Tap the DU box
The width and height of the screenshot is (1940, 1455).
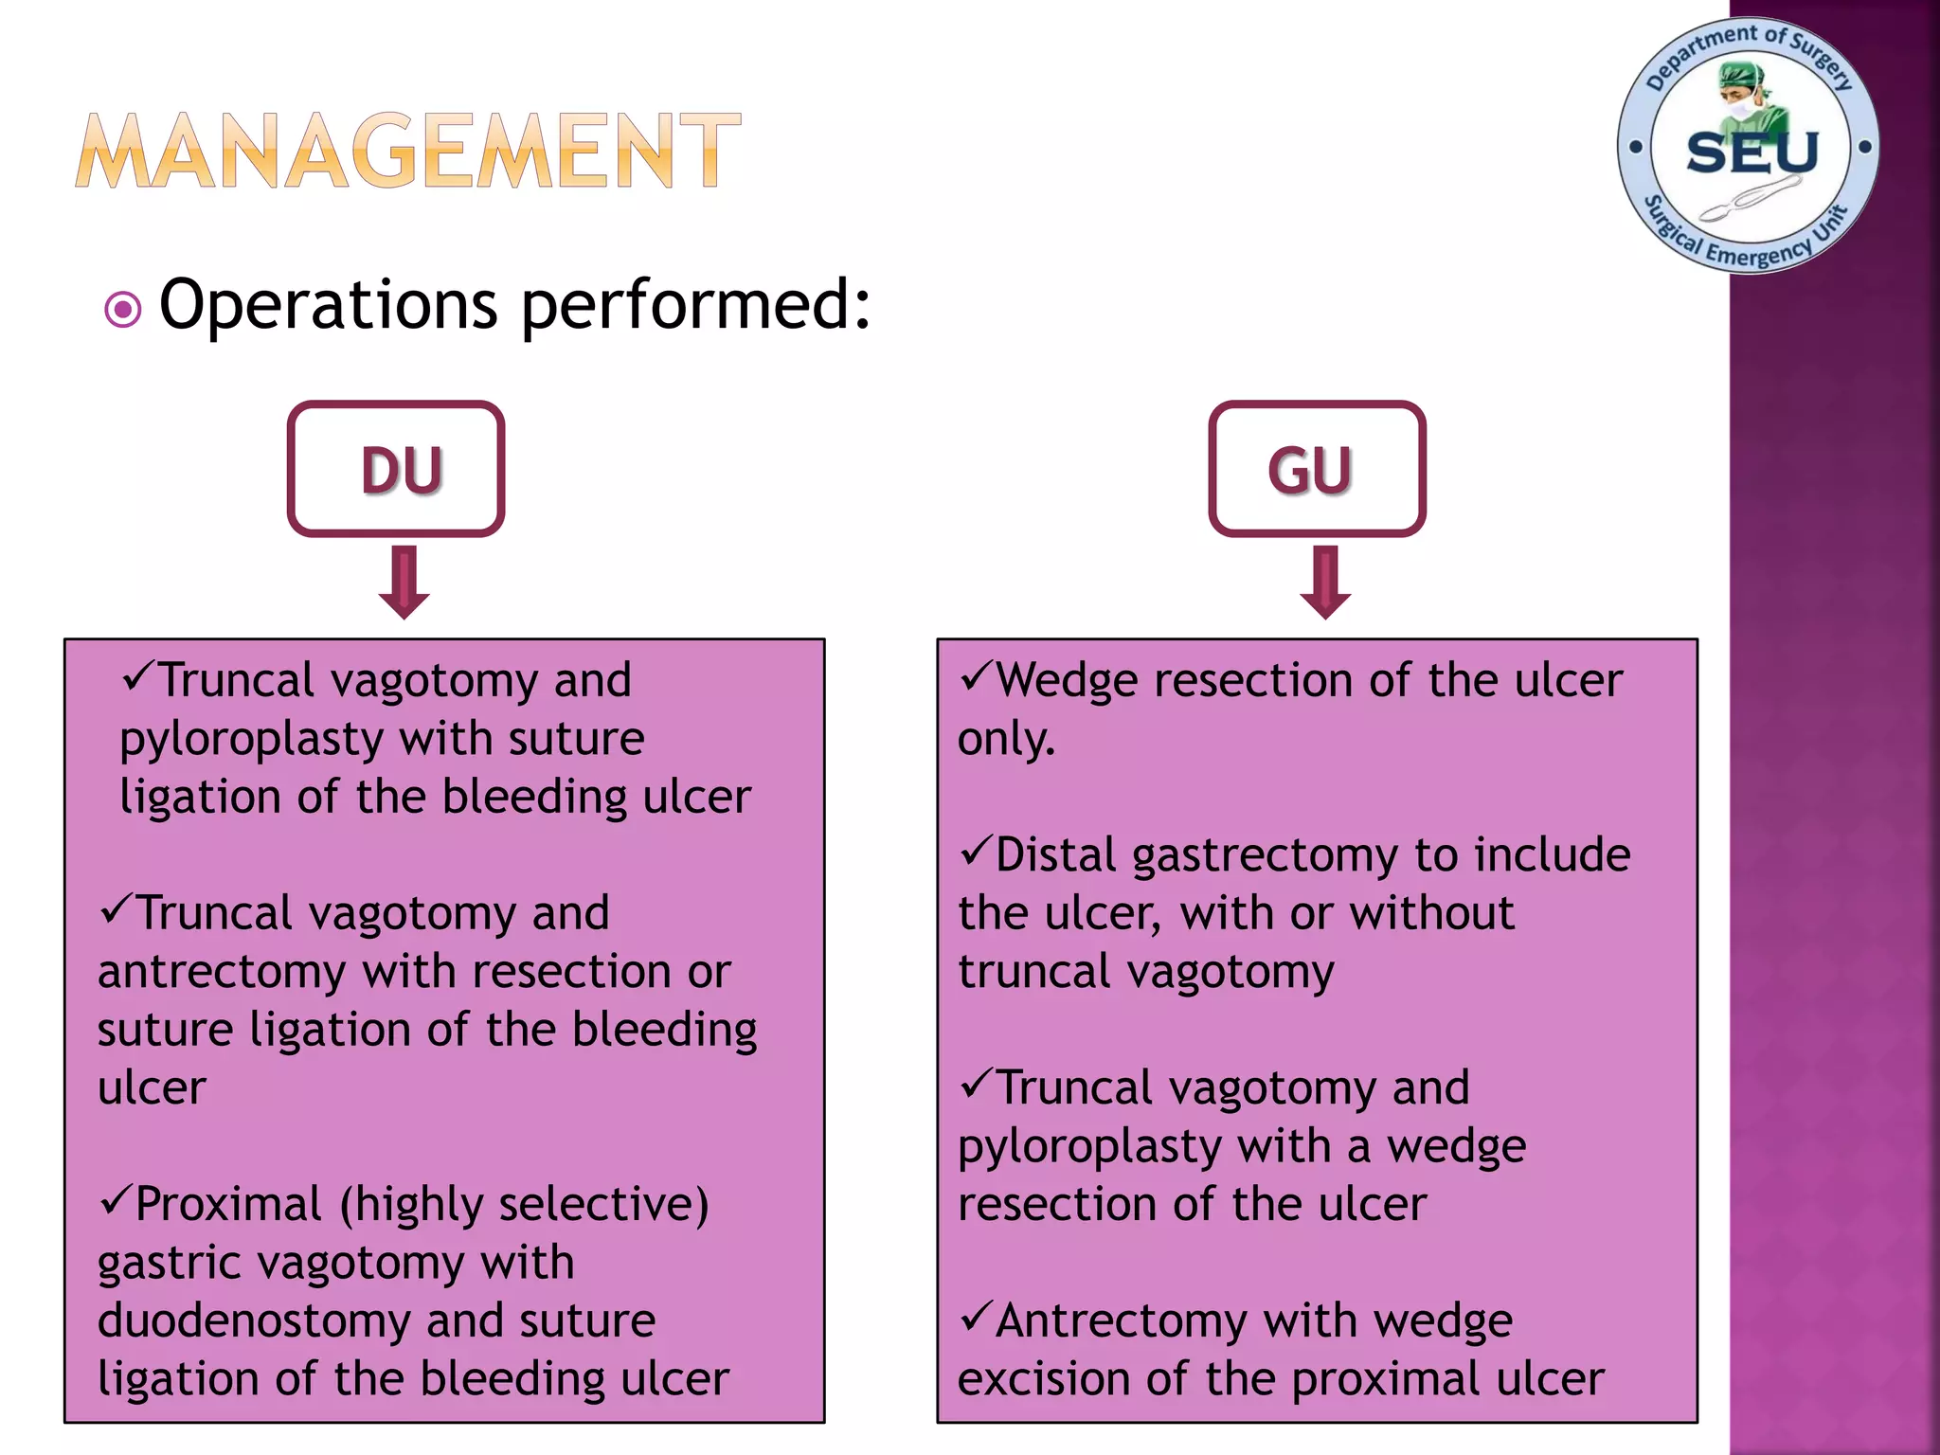coord(396,469)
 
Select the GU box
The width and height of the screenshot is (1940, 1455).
coord(1317,469)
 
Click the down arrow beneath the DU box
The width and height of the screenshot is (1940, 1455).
coord(404,583)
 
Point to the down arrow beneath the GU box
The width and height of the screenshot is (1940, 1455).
coord(1325,583)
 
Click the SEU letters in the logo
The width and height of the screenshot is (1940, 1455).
coord(1752,153)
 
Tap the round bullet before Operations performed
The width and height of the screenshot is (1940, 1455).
coord(123,309)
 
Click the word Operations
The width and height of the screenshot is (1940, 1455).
coord(328,305)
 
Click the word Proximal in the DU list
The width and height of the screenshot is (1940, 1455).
coord(228,1205)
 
